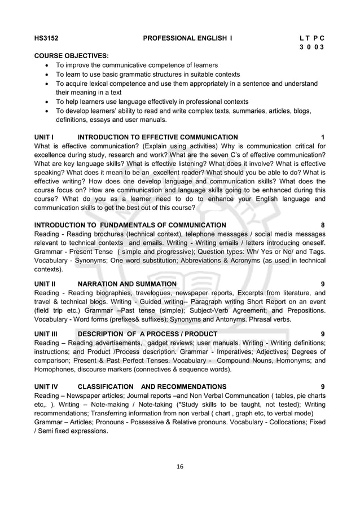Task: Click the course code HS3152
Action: (x=47, y=38)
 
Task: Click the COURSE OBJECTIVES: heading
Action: (x=72, y=56)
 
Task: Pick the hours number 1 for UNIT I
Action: (x=322, y=137)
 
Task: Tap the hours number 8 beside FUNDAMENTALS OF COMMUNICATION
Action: (x=322, y=225)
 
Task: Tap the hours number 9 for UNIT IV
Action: (x=322, y=387)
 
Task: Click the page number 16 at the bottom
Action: (x=179, y=466)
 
